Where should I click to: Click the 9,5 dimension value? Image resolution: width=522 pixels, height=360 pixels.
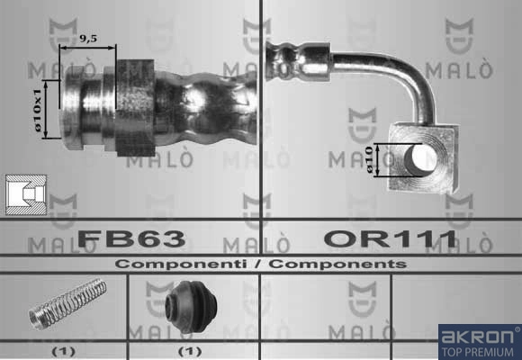[88, 39]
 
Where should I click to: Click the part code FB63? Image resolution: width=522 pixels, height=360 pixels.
[131, 238]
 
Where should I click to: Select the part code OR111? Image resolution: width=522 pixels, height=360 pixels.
[391, 238]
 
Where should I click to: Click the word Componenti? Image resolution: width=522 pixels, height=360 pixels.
[181, 264]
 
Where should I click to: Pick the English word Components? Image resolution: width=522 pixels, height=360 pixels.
[337, 264]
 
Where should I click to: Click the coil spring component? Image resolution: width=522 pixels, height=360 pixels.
[67, 303]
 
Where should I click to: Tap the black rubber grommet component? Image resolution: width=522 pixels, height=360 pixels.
[191, 306]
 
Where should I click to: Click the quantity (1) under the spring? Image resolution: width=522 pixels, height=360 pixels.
[63, 351]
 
